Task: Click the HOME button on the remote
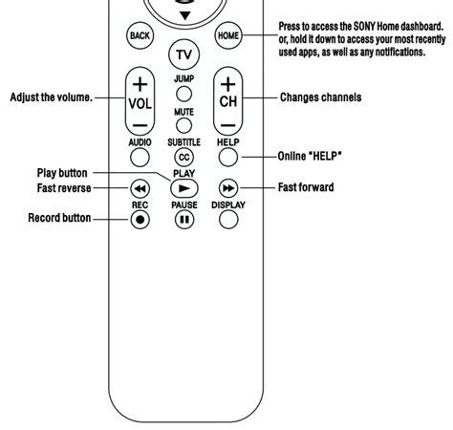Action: point(228,36)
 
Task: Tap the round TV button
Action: point(184,54)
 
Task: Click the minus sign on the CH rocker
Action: point(228,124)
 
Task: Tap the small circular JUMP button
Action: point(184,94)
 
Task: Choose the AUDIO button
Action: point(140,156)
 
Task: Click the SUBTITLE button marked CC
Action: point(184,157)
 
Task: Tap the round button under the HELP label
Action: point(228,156)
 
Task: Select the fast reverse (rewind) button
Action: point(140,187)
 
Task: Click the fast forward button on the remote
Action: point(228,187)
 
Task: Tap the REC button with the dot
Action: point(140,219)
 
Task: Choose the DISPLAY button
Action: point(228,219)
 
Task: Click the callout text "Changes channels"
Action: point(320,97)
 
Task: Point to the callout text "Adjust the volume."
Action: point(52,97)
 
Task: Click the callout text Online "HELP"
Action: point(311,156)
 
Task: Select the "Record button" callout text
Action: point(59,219)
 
